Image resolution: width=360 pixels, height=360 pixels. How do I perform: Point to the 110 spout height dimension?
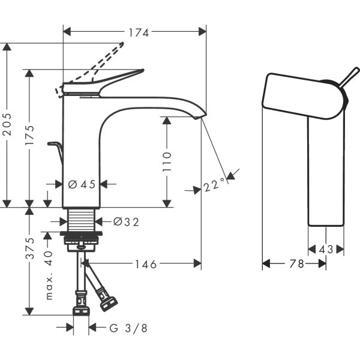167,162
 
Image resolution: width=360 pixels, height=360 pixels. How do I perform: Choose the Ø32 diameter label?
125,222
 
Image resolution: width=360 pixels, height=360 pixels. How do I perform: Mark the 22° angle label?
214,185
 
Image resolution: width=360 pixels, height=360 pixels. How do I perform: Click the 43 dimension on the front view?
326,248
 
